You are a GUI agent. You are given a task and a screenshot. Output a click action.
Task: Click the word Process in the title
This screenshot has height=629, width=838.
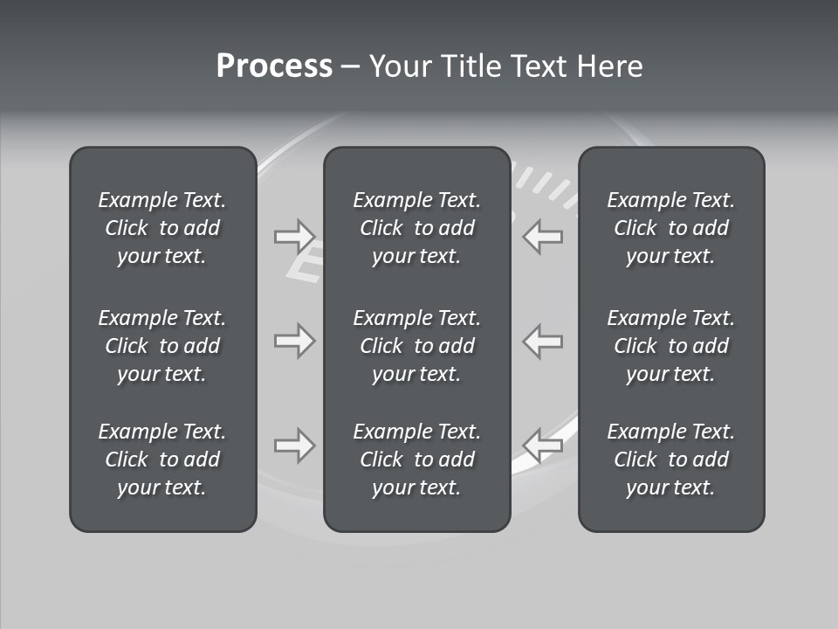[274, 66]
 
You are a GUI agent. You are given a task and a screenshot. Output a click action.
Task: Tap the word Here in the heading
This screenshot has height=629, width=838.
[609, 66]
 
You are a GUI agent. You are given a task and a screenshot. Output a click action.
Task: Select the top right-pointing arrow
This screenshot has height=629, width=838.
[294, 236]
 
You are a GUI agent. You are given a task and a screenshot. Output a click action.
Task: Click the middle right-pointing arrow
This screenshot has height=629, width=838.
[294, 341]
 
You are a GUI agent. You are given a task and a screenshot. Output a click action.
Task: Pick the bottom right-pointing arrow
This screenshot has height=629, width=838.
[294, 446]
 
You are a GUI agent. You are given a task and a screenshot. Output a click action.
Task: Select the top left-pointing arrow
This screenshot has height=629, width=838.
[543, 236]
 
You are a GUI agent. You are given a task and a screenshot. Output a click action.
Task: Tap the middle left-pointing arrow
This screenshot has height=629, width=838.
[543, 341]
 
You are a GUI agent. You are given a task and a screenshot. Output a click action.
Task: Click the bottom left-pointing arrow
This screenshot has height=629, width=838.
[543, 446]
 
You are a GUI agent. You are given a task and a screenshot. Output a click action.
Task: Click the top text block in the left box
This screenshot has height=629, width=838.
[162, 228]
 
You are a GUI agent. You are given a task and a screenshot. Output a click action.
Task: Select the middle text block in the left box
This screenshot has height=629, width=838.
[162, 346]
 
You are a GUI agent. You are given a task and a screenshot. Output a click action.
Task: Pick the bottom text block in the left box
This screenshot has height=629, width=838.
[162, 460]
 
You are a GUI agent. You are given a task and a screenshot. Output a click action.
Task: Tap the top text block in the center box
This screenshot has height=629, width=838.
[417, 228]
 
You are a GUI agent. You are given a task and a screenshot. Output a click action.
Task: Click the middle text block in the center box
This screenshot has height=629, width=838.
[417, 346]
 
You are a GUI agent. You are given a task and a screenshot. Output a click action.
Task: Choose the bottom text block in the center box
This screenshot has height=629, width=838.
[417, 460]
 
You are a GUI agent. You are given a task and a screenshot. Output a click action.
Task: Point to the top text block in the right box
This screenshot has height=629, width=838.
[671, 228]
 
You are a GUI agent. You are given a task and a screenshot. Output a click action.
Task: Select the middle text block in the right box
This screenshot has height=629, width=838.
[671, 346]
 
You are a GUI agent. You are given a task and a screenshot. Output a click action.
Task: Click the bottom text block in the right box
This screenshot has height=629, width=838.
[671, 460]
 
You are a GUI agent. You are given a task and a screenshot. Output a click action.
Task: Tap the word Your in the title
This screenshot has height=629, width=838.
[399, 66]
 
